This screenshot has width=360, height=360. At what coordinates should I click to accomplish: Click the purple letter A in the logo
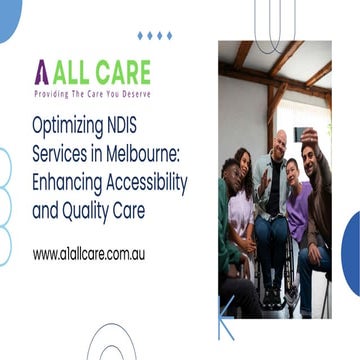(x=41, y=71)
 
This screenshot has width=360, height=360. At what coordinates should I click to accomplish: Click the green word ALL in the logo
(x=76, y=71)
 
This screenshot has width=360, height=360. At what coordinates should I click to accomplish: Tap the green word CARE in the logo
(x=126, y=71)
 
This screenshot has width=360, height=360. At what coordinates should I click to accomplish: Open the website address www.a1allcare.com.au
(x=88, y=254)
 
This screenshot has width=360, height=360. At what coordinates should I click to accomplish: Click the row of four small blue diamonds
(x=154, y=35)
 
